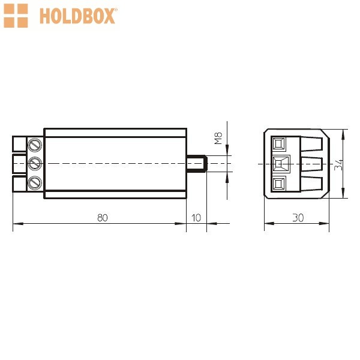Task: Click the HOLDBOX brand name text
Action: [77, 16]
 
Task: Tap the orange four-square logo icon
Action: [16, 16]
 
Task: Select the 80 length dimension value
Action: [103, 218]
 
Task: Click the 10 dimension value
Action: [196, 218]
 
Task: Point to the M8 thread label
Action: [218, 138]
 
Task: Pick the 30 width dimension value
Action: [298, 218]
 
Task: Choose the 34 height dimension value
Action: [338, 165]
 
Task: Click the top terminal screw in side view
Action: [35, 145]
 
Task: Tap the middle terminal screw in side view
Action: [35, 164]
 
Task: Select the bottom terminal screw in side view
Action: [35, 183]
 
